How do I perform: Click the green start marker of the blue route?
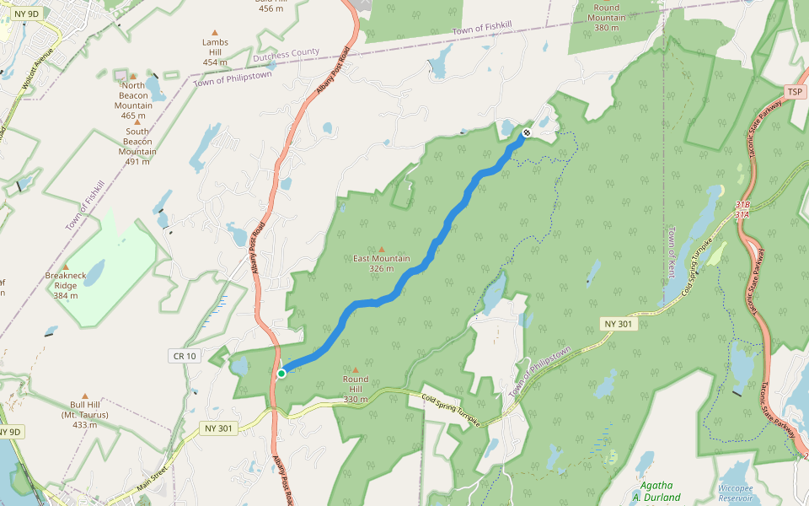coord(281,373)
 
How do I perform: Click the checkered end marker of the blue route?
coord(527,132)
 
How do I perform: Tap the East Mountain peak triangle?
coord(381,249)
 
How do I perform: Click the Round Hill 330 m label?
coord(356,389)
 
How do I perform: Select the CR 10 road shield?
coord(184,357)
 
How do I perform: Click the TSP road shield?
coord(794,91)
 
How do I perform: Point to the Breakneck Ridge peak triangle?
coord(65,266)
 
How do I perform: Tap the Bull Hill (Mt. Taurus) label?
coord(84,414)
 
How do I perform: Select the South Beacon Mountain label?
coord(137,146)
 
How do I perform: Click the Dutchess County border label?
coord(286,56)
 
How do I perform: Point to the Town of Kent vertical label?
coord(672,254)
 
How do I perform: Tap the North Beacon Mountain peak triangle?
coord(132,76)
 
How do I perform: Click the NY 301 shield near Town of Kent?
coord(619,324)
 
